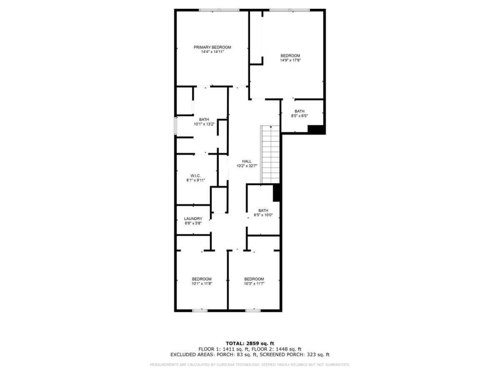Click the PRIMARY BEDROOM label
(212, 47)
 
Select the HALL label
(247, 161)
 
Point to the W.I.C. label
(195, 175)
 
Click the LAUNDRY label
(193, 219)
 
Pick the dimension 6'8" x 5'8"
(193, 223)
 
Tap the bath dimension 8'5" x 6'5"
(299, 116)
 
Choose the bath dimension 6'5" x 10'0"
(263, 215)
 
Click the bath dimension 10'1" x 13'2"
(204, 124)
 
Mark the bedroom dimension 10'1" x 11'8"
(202, 283)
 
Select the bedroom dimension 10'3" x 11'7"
(254, 283)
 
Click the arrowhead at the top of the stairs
(271, 126)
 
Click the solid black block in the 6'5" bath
(276, 192)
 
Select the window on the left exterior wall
(176, 126)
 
